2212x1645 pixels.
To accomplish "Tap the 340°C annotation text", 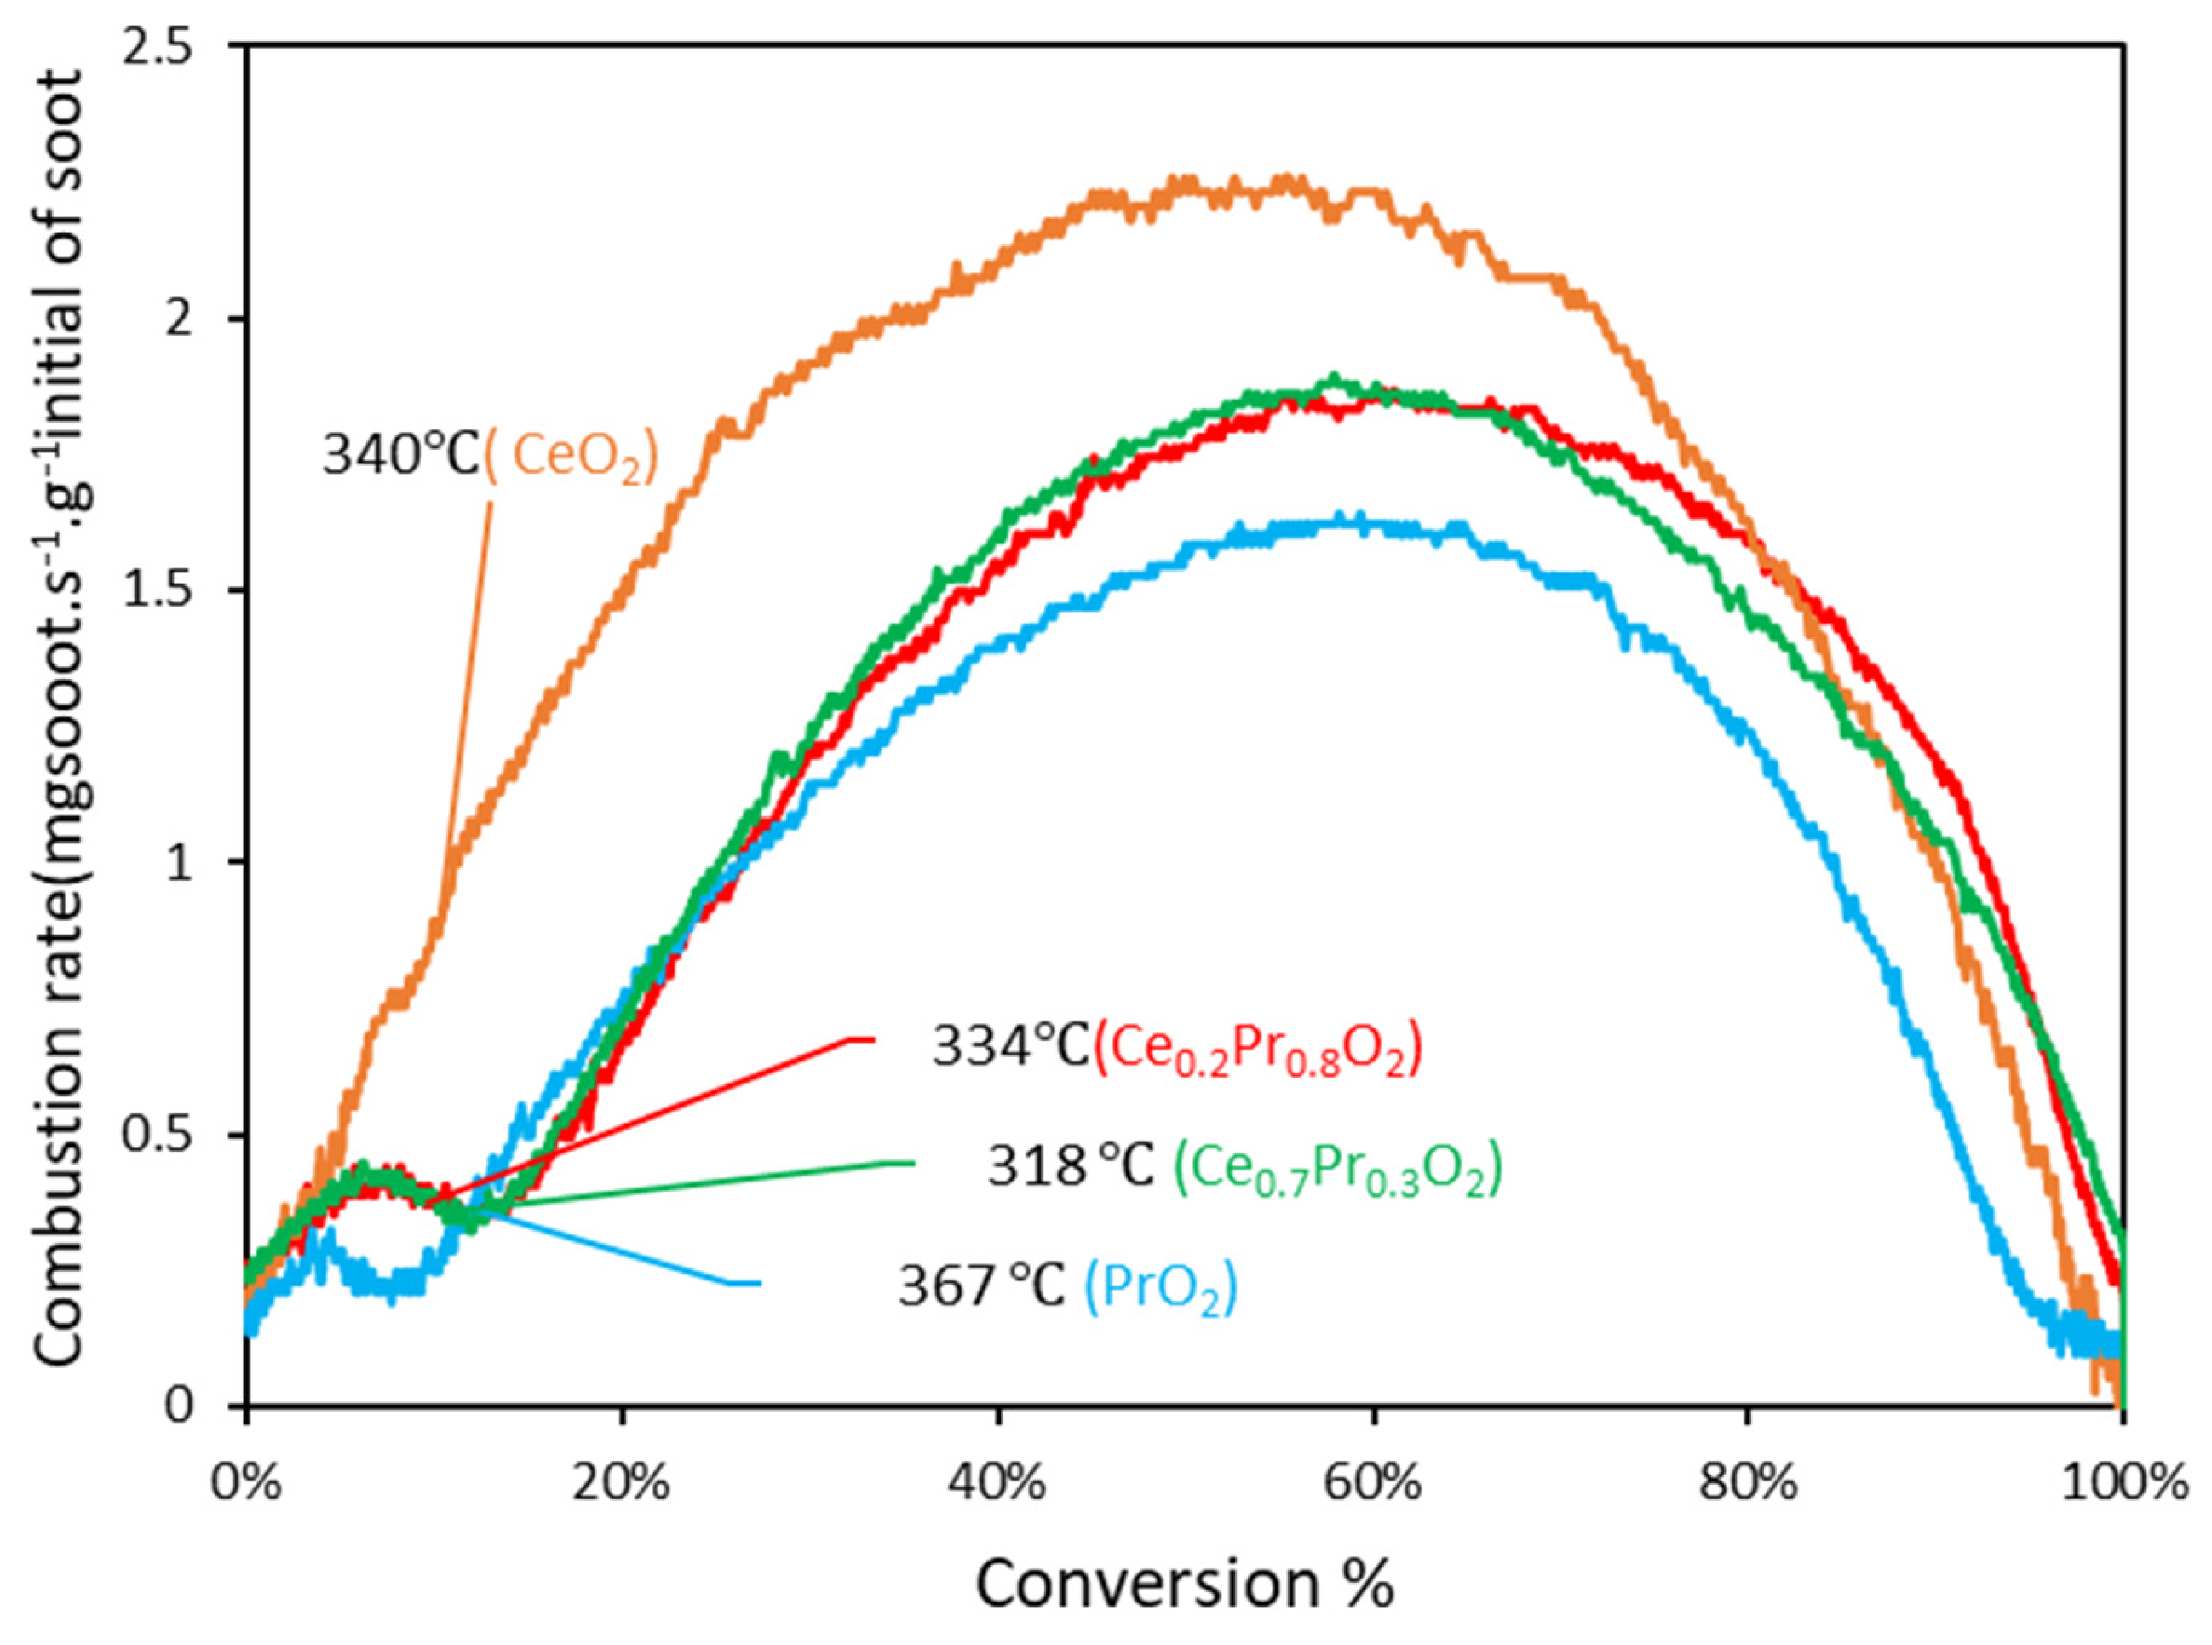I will [401, 457].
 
